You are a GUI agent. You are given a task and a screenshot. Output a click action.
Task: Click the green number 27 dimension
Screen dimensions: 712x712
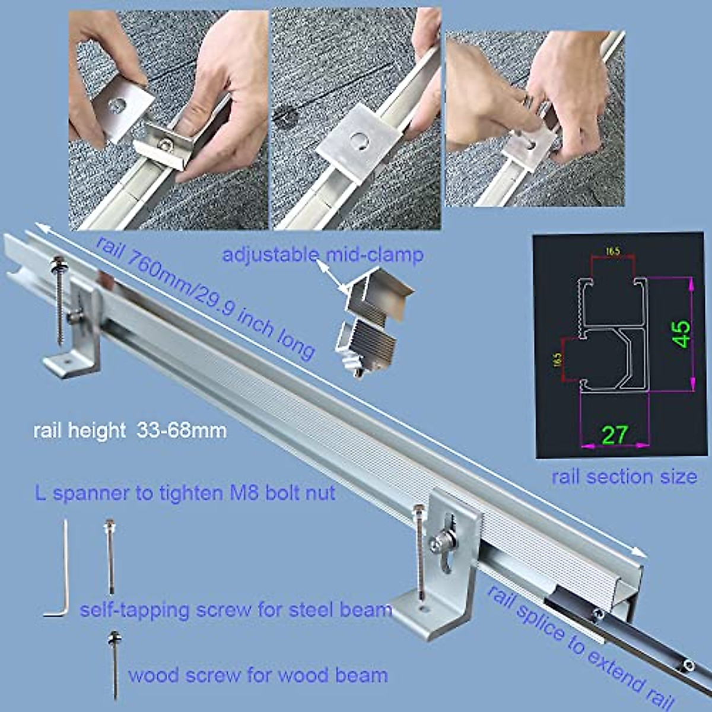(x=614, y=435)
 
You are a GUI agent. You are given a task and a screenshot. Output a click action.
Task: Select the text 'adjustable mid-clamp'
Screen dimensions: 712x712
(x=323, y=256)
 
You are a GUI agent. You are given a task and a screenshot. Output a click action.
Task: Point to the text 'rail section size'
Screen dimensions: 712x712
(x=624, y=476)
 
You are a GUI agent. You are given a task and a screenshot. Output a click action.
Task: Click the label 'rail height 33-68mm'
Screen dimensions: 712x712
(x=130, y=430)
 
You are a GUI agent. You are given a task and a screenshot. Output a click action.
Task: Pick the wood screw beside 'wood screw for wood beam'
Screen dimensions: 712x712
(x=113, y=665)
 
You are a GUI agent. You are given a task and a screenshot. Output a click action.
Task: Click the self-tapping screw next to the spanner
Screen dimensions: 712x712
(x=109, y=555)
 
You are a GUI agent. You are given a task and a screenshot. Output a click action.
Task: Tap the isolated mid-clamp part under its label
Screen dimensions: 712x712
(x=369, y=323)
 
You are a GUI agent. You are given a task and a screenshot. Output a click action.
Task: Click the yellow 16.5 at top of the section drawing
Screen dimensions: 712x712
(x=612, y=252)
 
